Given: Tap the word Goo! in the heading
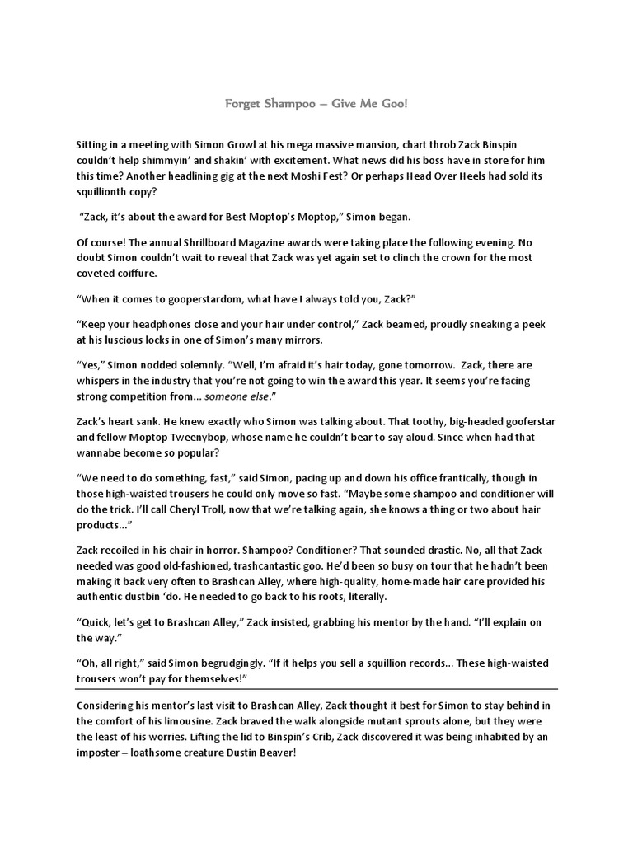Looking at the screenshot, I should (391, 105).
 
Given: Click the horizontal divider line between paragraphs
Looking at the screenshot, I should (316, 688).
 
